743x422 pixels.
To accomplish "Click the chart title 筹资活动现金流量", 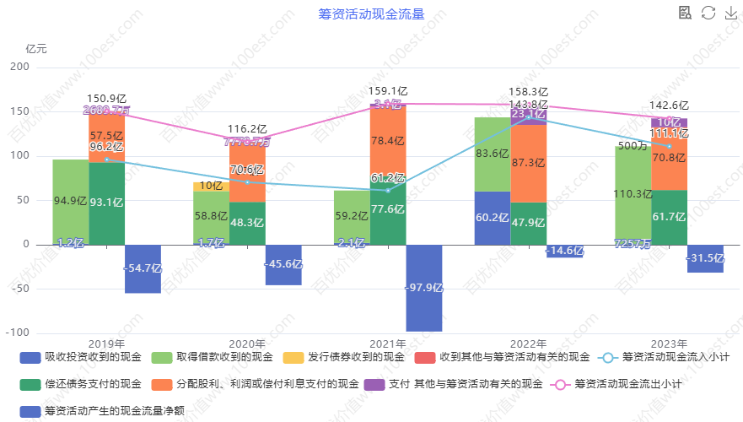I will click(x=371, y=14).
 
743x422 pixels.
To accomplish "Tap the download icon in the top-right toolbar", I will click(x=730, y=13).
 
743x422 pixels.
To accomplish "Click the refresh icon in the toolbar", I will click(x=708, y=13).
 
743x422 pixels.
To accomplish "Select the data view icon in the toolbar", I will click(x=686, y=13).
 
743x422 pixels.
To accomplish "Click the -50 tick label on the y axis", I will click(x=19, y=289).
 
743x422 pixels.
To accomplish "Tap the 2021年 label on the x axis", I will click(x=388, y=344).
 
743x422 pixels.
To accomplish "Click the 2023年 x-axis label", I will click(x=670, y=344).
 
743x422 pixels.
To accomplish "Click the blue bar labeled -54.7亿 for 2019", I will click(x=143, y=268).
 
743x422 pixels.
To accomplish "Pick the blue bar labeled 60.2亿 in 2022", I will click(x=493, y=218).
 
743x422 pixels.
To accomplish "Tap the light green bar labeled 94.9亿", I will click(x=71, y=203).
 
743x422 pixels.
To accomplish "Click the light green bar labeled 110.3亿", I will click(x=633, y=194).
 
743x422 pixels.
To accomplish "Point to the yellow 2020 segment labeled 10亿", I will click(x=211, y=186).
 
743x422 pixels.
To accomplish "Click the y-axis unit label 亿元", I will click(x=37, y=48).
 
